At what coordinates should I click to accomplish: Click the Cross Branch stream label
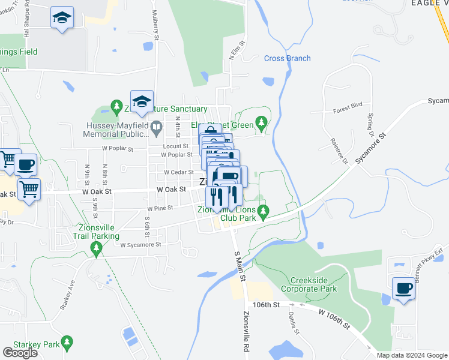tap(288, 58)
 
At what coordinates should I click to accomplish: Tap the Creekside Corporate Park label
tap(314, 284)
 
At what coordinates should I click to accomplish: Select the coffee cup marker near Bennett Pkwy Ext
tap(403, 289)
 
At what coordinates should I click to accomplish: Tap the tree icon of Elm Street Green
tap(261, 124)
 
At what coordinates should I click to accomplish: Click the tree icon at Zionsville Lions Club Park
tap(262, 211)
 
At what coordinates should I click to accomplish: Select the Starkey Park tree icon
tap(67, 343)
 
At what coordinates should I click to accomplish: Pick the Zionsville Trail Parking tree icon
tap(95, 247)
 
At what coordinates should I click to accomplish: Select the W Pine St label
tap(160, 208)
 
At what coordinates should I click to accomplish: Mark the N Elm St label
tap(235, 50)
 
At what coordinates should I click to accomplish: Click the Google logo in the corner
tap(20, 353)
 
